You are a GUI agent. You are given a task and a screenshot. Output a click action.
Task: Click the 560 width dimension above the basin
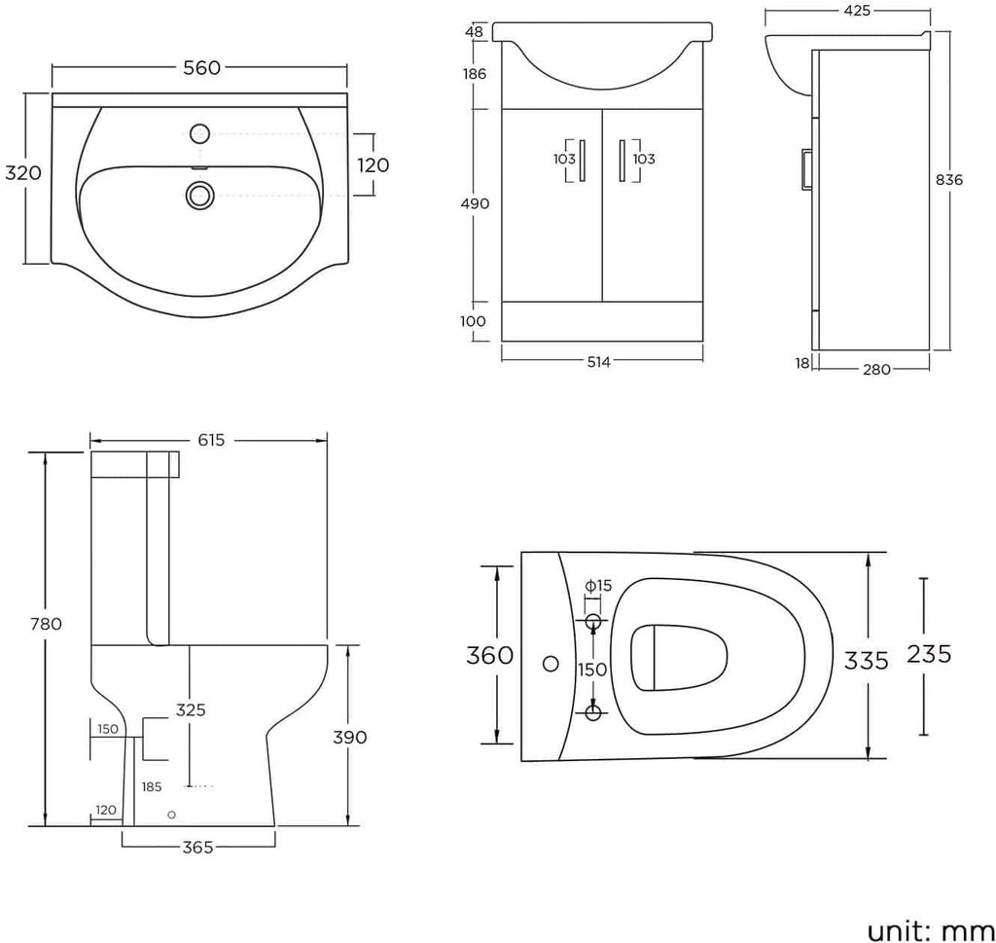tap(201, 67)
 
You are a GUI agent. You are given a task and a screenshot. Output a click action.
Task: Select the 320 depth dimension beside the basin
tap(23, 173)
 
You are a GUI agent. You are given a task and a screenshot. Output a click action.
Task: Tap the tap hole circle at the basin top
tap(201, 133)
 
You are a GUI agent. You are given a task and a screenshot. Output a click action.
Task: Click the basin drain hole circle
tap(199, 196)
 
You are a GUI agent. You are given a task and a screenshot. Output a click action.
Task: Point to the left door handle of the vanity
tap(582, 160)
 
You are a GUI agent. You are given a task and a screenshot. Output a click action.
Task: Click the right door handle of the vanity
tap(622, 160)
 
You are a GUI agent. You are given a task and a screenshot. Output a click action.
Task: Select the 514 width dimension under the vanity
tap(598, 362)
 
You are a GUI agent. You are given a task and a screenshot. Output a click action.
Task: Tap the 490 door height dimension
tap(476, 204)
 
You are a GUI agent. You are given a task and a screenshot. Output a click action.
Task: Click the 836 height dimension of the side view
tap(949, 180)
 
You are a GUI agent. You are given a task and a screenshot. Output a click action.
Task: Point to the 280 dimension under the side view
tap(876, 369)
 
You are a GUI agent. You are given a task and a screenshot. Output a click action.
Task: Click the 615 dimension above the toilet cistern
tap(211, 440)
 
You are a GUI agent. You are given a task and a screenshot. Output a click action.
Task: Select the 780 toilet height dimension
tap(46, 624)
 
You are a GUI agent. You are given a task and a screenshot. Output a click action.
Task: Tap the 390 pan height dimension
tap(350, 737)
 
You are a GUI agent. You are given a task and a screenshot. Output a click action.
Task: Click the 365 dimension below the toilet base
tap(198, 848)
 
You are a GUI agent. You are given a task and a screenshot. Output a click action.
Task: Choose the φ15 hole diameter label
tap(598, 585)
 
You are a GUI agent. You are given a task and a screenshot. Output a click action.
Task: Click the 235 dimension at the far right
tap(928, 654)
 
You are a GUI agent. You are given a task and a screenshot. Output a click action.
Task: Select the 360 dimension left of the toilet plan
tap(490, 656)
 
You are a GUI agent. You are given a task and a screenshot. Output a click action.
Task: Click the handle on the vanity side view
tap(805, 166)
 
